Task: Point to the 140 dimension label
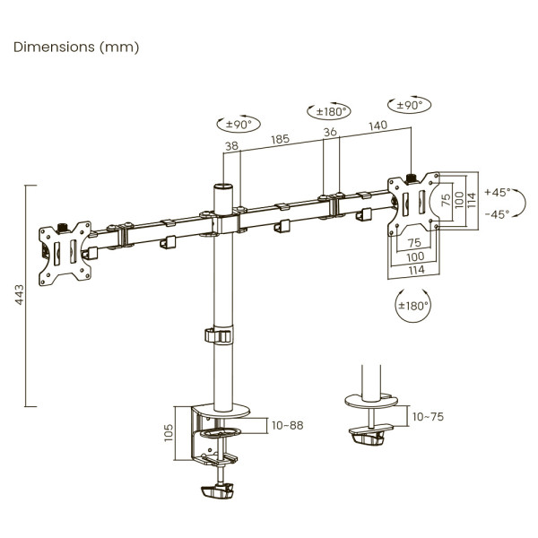[377, 126]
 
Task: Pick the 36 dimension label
[331, 132]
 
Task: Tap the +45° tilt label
[496, 192]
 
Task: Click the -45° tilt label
[496, 213]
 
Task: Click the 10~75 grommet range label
[427, 416]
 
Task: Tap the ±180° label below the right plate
[413, 306]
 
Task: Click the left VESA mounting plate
[67, 252]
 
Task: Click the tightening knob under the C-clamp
[217, 492]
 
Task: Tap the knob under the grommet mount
[369, 438]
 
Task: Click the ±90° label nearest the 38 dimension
[236, 124]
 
